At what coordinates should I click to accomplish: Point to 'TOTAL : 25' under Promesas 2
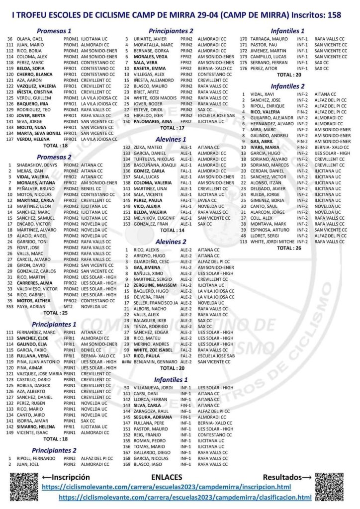[x=55, y=313]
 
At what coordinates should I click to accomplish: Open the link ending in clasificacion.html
[x=185, y=497]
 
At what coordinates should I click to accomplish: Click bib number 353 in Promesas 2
[x=9, y=307]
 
